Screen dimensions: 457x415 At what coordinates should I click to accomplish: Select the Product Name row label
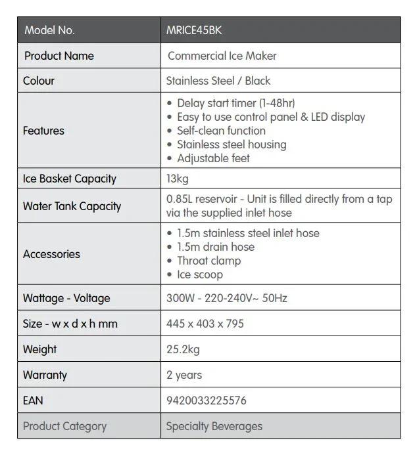tap(59, 56)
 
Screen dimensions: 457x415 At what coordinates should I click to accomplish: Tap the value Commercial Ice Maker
tap(222, 56)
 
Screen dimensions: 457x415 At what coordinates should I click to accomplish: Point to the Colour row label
tap(39, 81)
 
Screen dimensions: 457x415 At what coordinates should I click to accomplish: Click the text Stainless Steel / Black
tap(218, 81)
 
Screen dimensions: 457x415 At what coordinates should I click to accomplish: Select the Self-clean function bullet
tap(221, 131)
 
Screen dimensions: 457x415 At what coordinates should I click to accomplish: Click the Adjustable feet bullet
tap(213, 158)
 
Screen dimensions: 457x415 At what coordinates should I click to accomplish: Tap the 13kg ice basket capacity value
tap(177, 179)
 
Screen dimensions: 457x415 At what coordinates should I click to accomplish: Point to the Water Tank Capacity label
tap(72, 206)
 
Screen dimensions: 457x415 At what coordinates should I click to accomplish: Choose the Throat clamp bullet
tap(208, 261)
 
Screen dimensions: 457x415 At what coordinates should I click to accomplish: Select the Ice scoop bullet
tap(200, 274)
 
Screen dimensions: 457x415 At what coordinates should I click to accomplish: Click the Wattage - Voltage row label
tap(66, 298)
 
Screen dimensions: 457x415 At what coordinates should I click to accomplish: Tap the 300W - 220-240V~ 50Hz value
tap(227, 298)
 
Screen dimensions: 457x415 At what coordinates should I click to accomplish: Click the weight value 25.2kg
tap(183, 349)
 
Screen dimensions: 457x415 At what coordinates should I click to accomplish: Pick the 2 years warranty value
tap(184, 375)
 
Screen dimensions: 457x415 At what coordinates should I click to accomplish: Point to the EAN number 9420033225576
tap(207, 400)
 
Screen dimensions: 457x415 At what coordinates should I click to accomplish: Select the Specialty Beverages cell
tap(214, 426)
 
